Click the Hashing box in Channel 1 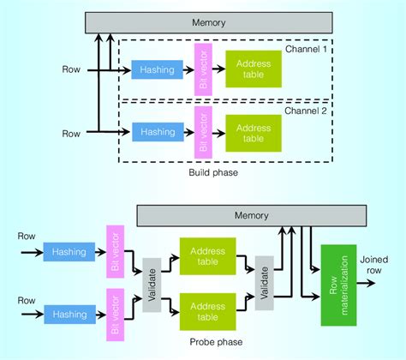pyautogui.click(x=155, y=69)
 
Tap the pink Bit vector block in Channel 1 pyautogui.click(x=202, y=69)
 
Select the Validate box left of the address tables pyautogui.click(x=152, y=285)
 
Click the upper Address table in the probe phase pyautogui.click(x=206, y=255)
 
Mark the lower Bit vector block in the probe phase pyautogui.click(x=116, y=314)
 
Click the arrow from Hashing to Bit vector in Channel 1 pyautogui.click(x=185, y=69)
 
